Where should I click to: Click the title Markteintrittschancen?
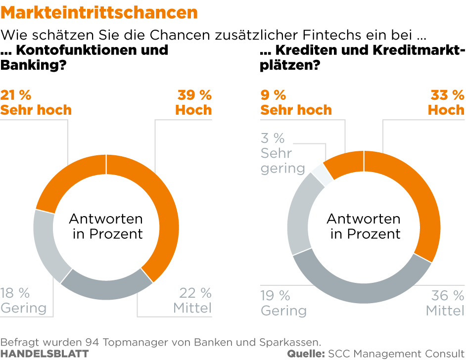click(x=99, y=12)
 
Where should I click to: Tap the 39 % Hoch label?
click(x=193, y=102)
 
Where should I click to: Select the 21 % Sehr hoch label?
click(x=36, y=102)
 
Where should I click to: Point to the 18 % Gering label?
click(x=23, y=300)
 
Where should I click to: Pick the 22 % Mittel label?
click(x=192, y=300)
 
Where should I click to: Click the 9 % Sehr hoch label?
click(x=296, y=102)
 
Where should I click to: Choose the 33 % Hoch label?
click(x=446, y=102)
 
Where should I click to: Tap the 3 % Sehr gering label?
click(x=282, y=153)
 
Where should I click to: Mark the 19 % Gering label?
click(x=283, y=303)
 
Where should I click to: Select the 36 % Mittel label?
click(x=445, y=303)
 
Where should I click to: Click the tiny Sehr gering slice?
click(x=321, y=174)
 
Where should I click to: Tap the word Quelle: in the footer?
click(x=306, y=354)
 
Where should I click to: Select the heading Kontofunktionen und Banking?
click(x=84, y=57)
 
